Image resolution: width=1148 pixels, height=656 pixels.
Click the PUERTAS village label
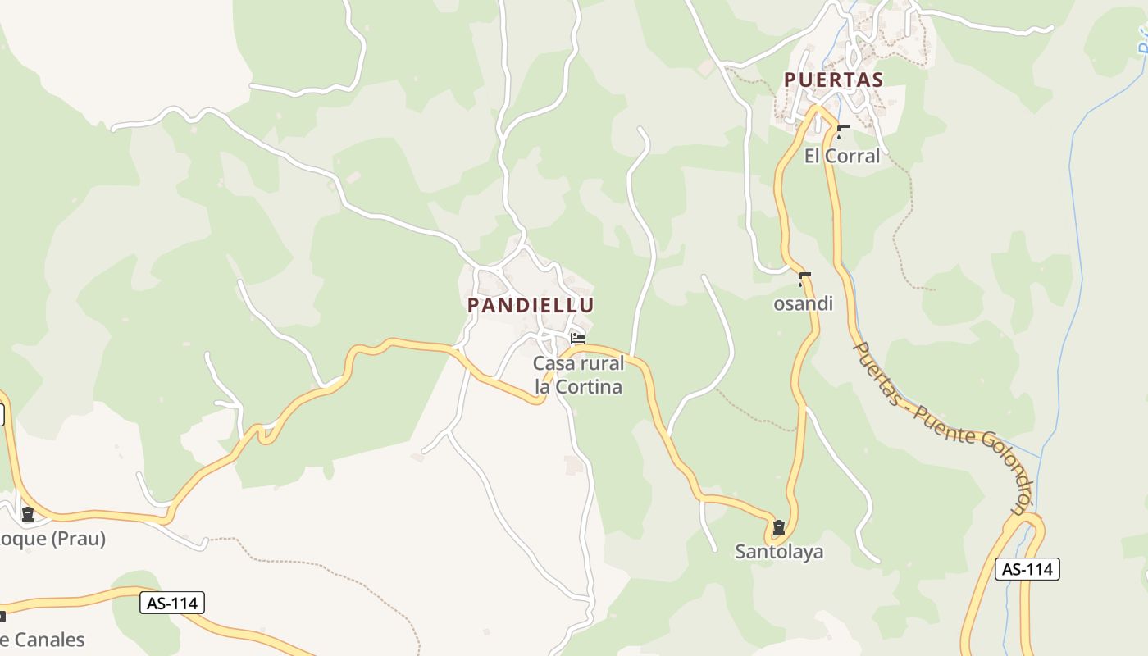[x=833, y=80]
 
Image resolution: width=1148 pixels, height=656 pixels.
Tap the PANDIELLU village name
[x=531, y=305]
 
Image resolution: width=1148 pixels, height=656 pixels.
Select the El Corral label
[x=841, y=156]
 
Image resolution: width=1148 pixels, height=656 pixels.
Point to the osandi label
[x=803, y=304]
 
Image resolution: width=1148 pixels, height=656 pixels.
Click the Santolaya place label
[x=779, y=552]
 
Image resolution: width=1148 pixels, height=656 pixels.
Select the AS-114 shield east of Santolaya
[x=1027, y=569]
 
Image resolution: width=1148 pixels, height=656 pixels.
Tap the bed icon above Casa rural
[x=578, y=338]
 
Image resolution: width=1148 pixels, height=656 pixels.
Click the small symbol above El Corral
[x=842, y=131]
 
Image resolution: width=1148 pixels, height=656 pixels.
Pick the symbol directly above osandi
[x=804, y=279]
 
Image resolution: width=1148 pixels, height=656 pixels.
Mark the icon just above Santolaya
[x=779, y=526]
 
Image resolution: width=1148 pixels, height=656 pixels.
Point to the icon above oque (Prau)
[x=28, y=514]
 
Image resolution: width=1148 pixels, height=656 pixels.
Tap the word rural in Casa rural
[x=599, y=363]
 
